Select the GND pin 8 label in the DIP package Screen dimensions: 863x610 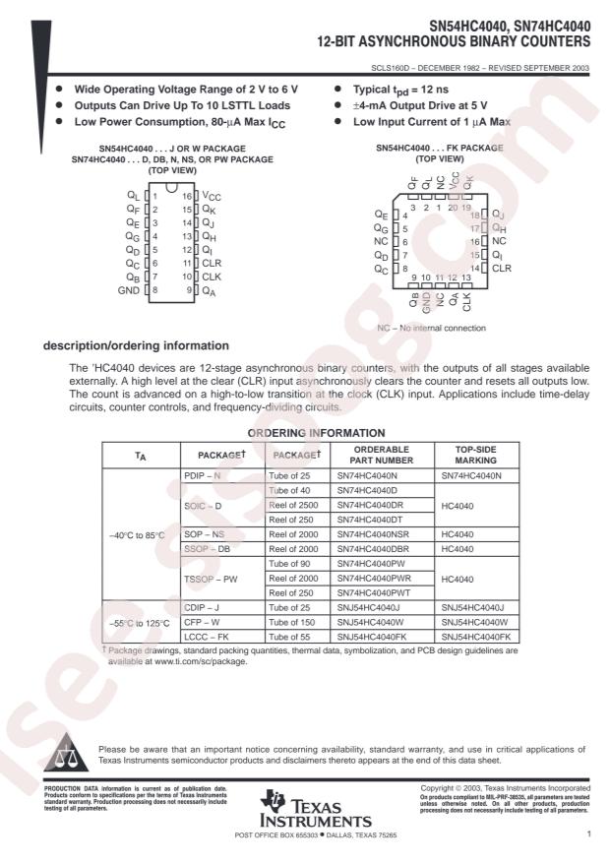(x=129, y=290)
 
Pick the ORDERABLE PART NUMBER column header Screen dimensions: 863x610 (x=376, y=454)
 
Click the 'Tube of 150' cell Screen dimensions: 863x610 (x=293, y=623)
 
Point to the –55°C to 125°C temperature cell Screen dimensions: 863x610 (x=139, y=623)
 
